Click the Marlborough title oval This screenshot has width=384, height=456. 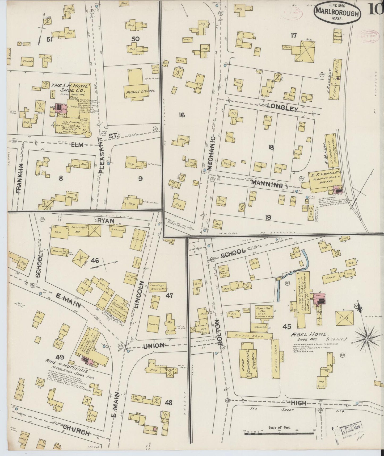[337, 13]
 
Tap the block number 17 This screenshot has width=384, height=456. [293, 35]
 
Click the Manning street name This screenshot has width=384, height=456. [267, 184]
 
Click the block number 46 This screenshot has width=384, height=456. [95, 260]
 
